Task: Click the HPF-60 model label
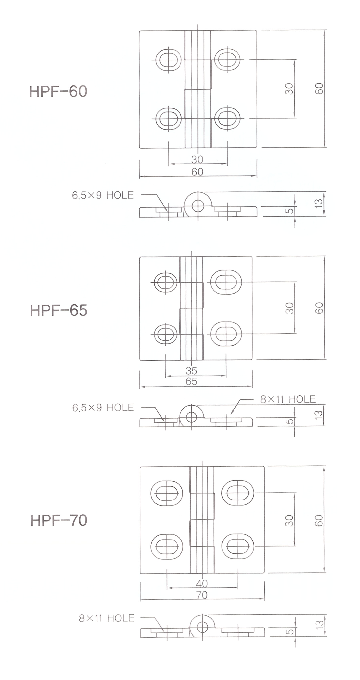click(x=58, y=91)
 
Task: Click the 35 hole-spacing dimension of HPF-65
click(x=191, y=371)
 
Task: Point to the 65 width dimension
click(x=191, y=381)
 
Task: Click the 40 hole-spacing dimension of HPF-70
click(x=202, y=583)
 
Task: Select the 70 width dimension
click(x=202, y=595)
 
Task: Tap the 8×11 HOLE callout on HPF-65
click(x=288, y=399)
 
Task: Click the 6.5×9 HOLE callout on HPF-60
click(x=103, y=195)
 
